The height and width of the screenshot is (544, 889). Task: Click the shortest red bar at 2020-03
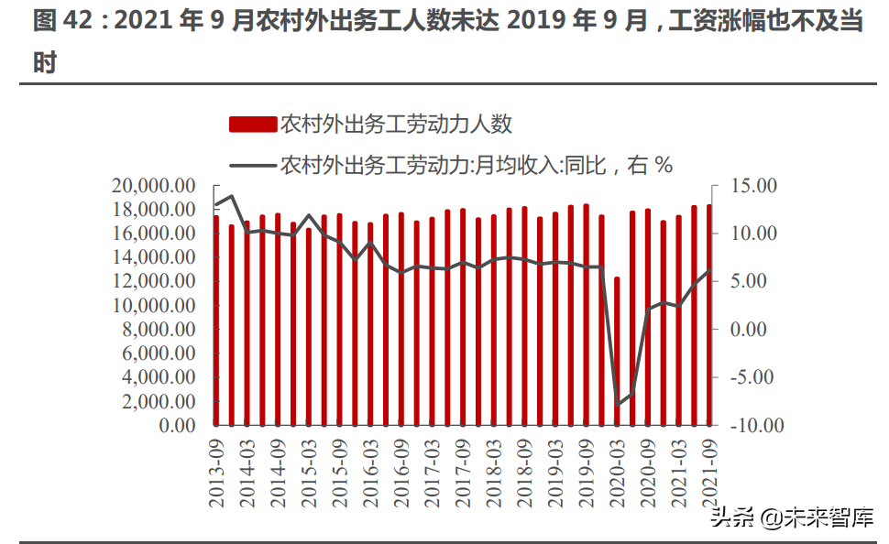coord(617,351)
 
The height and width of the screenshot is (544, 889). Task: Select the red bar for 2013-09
coord(216,321)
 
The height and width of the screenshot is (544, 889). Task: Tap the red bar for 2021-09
coord(708,315)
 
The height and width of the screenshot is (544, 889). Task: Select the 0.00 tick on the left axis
coord(173,425)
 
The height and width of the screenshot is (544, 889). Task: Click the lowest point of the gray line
coord(617,405)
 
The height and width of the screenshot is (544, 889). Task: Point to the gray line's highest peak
coord(232,196)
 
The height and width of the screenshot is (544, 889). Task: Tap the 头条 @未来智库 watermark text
coord(791,517)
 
